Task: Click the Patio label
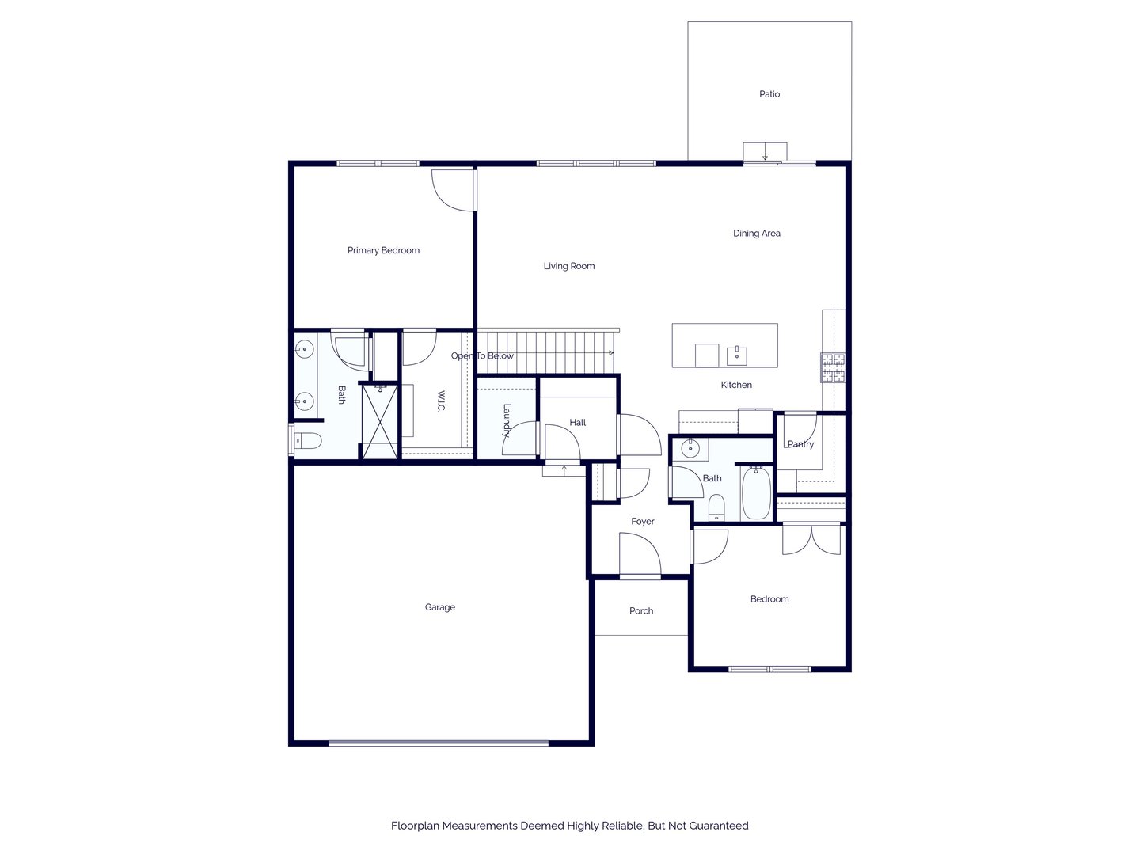(x=769, y=94)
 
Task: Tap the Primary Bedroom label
(x=383, y=250)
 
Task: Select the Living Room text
(x=568, y=266)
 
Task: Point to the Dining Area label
(x=756, y=233)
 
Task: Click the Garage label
(x=439, y=607)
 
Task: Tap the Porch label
(x=641, y=610)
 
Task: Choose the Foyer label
(x=643, y=521)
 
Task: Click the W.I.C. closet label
(x=441, y=401)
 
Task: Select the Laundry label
(x=507, y=420)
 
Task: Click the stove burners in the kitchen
(x=833, y=367)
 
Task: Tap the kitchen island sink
(x=736, y=356)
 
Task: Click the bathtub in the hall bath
(x=756, y=492)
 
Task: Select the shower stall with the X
(x=380, y=421)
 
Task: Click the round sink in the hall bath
(x=690, y=449)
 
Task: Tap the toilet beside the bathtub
(x=716, y=507)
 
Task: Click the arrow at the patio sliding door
(x=765, y=151)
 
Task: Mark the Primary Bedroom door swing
(x=454, y=190)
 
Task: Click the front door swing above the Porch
(x=640, y=554)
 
